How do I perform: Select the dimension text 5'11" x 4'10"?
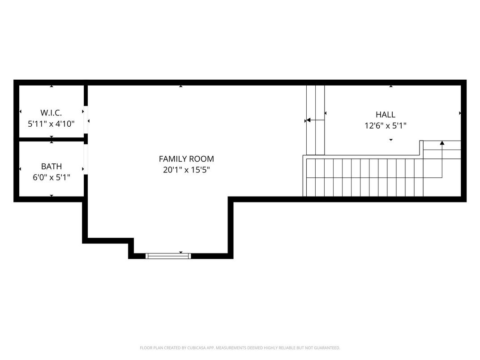[x=51, y=124]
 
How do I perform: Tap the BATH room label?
[x=51, y=167]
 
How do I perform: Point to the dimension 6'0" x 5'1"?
[x=51, y=177]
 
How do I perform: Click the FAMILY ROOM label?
[x=186, y=159]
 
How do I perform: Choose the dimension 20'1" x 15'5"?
[x=186, y=170]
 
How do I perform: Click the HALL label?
[x=386, y=115]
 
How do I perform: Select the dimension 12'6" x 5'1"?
[x=386, y=126]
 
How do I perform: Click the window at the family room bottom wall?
[x=168, y=256]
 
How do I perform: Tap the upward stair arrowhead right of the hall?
[x=442, y=143]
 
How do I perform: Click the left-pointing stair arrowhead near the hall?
[x=308, y=120]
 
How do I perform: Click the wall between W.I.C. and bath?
[x=51, y=140]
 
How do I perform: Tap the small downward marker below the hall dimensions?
[x=391, y=140]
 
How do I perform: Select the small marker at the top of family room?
[x=181, y=86]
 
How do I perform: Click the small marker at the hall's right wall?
[x=460, y=113]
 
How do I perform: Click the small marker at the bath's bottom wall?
[x=51, y=196]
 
